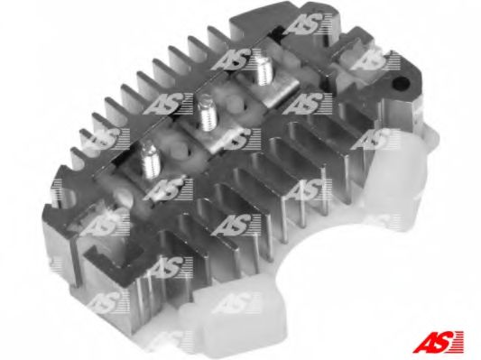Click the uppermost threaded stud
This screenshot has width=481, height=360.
tap(265, 68)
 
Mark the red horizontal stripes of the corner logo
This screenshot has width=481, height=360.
tap(456, 341)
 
